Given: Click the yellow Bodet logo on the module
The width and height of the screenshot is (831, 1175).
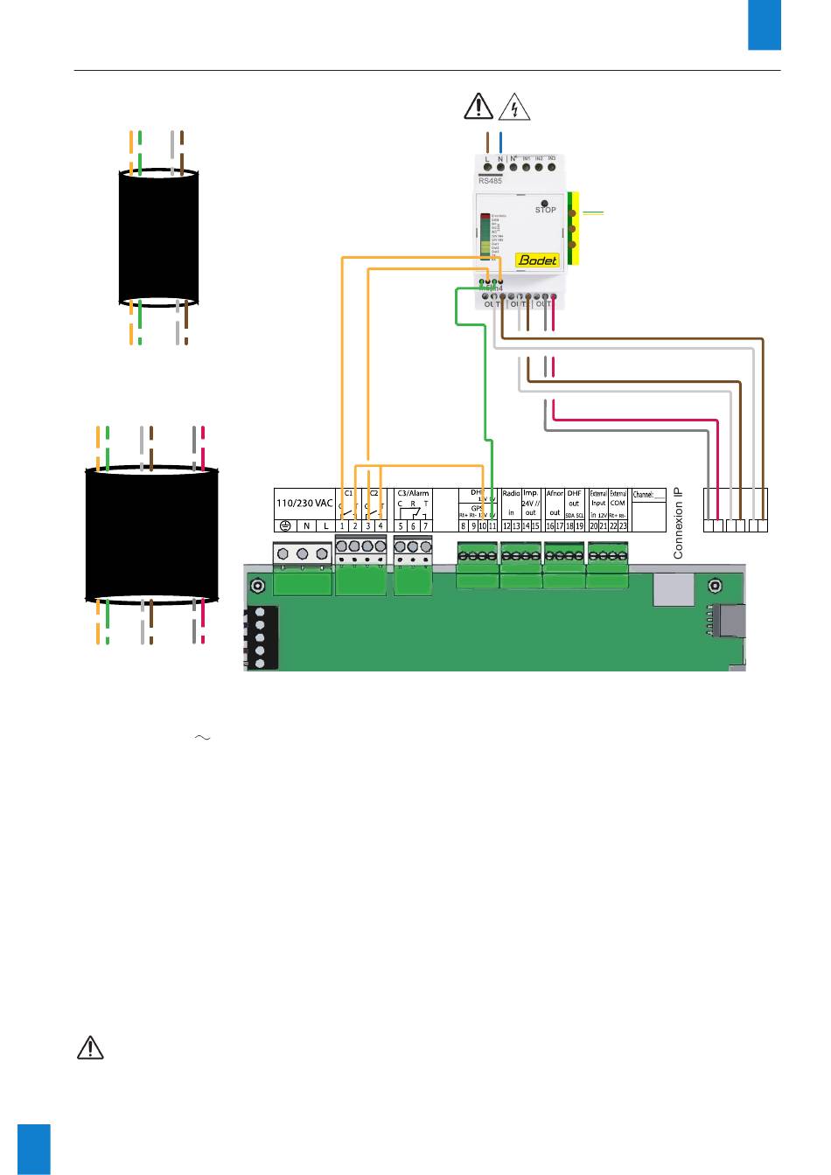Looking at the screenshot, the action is tap(538, 260).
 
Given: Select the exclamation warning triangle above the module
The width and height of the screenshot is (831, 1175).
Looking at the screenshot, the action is tap(478, 107).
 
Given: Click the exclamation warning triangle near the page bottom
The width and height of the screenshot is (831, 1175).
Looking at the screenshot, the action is tap(90, 1047).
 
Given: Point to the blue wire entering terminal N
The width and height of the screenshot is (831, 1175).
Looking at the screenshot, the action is tap(499, 142).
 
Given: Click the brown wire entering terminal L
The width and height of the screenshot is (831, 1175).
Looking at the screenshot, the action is tap(486, 142).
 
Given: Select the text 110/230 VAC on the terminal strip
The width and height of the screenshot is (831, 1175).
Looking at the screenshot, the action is tap(304, 504).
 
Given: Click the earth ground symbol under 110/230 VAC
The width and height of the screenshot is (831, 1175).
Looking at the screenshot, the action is tap(285, 525).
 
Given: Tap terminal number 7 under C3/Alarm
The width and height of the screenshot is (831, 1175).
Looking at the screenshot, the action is tap(425, 525).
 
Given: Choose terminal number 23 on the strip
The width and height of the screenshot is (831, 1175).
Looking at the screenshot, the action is tap(623, 525).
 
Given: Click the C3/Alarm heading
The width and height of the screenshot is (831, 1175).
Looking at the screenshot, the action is tap(413, 493).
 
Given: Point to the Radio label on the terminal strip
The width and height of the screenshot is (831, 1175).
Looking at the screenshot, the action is tap(512, 494).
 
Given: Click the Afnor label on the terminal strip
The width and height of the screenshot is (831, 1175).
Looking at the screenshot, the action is tap(554, 494).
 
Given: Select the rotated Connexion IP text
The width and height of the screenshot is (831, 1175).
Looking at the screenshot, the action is tap(679, 524).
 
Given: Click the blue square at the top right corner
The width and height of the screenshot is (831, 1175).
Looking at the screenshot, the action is tap(764, 24).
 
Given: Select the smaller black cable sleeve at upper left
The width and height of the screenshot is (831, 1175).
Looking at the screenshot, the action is tap(158, 237).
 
